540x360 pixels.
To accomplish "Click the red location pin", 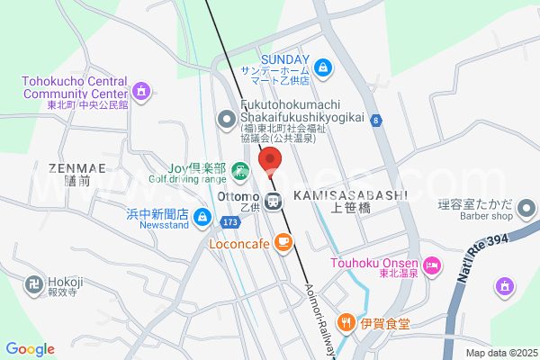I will pos(270,159).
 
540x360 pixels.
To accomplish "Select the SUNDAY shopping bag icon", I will pos(324,66).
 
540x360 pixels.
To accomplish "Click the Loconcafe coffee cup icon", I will pos(283,241).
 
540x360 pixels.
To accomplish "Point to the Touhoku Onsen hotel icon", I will pos(433,265).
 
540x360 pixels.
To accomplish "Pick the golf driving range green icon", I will pos(239,170).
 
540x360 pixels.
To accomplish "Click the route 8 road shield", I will pos(375,120).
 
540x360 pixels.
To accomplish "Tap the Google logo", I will pos(30,349).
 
